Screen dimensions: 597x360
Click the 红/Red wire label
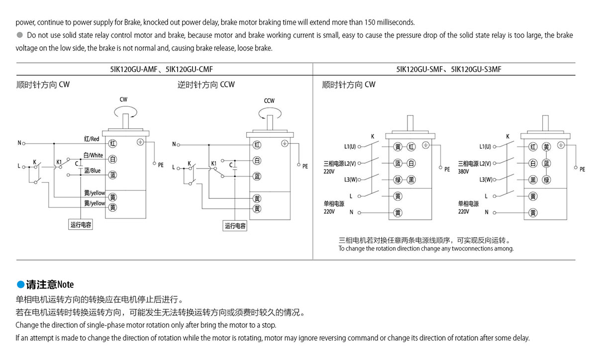(x=92, y=139)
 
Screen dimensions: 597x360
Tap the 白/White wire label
(x=93, y=155)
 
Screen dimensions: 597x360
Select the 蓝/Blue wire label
(x=92, y=171)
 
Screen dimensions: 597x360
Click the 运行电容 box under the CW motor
(x=81, y=225)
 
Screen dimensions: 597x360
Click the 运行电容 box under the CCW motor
(x=235, y=226)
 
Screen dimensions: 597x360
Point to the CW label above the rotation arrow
(x=123, y=99)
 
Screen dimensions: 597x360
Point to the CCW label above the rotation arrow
(x=269, y=101)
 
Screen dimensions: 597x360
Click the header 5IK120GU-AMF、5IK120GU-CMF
(x=162, y=69)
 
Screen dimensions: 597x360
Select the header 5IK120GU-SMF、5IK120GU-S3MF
(x=449, y=69)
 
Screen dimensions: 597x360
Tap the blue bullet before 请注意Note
(x=20, y=284)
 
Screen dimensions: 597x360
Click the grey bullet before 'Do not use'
(x=20, y=35)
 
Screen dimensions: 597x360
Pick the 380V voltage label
(x=464, y=172)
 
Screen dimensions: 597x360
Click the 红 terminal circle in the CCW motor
(x=257, y=145)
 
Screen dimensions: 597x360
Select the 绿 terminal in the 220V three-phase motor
(x=398, y=180)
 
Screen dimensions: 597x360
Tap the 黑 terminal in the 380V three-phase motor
(x=533, y=180)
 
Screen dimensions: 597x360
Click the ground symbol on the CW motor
(x=140, y=142)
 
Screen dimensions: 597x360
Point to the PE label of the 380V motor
(x=583, y=169)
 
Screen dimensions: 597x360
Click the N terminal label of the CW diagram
(x=19, y=143)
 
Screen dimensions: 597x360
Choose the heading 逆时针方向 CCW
(x=206, y=85)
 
